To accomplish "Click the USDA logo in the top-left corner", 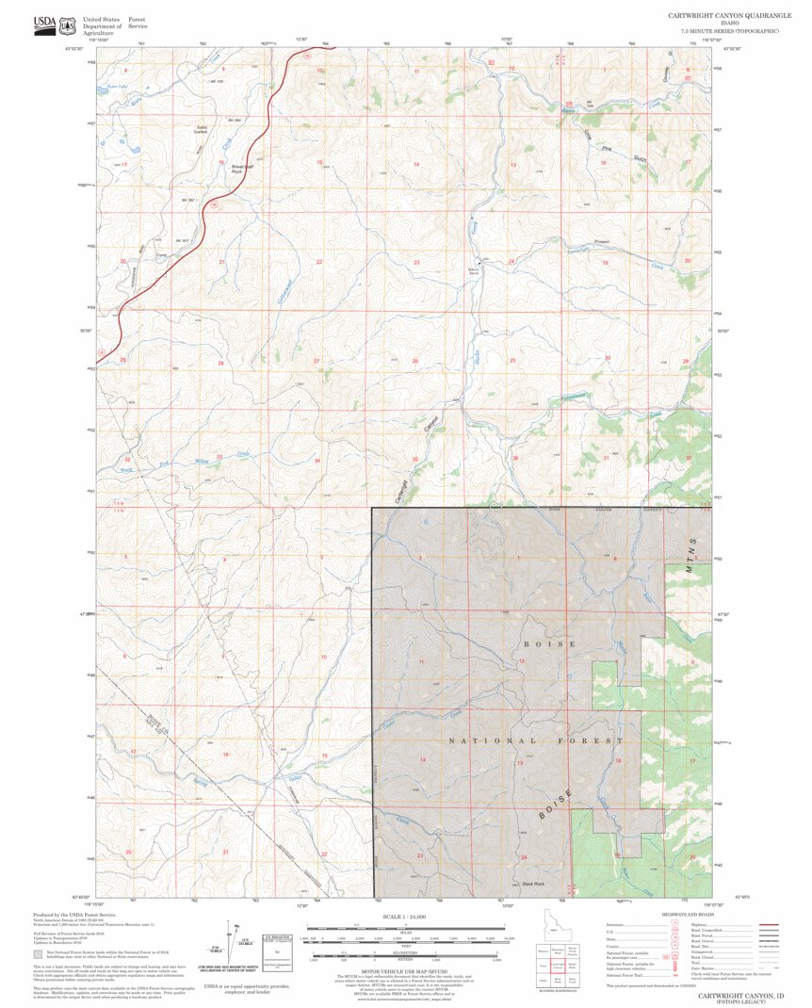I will (44, 23).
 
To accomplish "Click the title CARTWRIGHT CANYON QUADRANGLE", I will (723, 16).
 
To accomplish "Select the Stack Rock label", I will (533, 884).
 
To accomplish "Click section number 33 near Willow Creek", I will (219, 458).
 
